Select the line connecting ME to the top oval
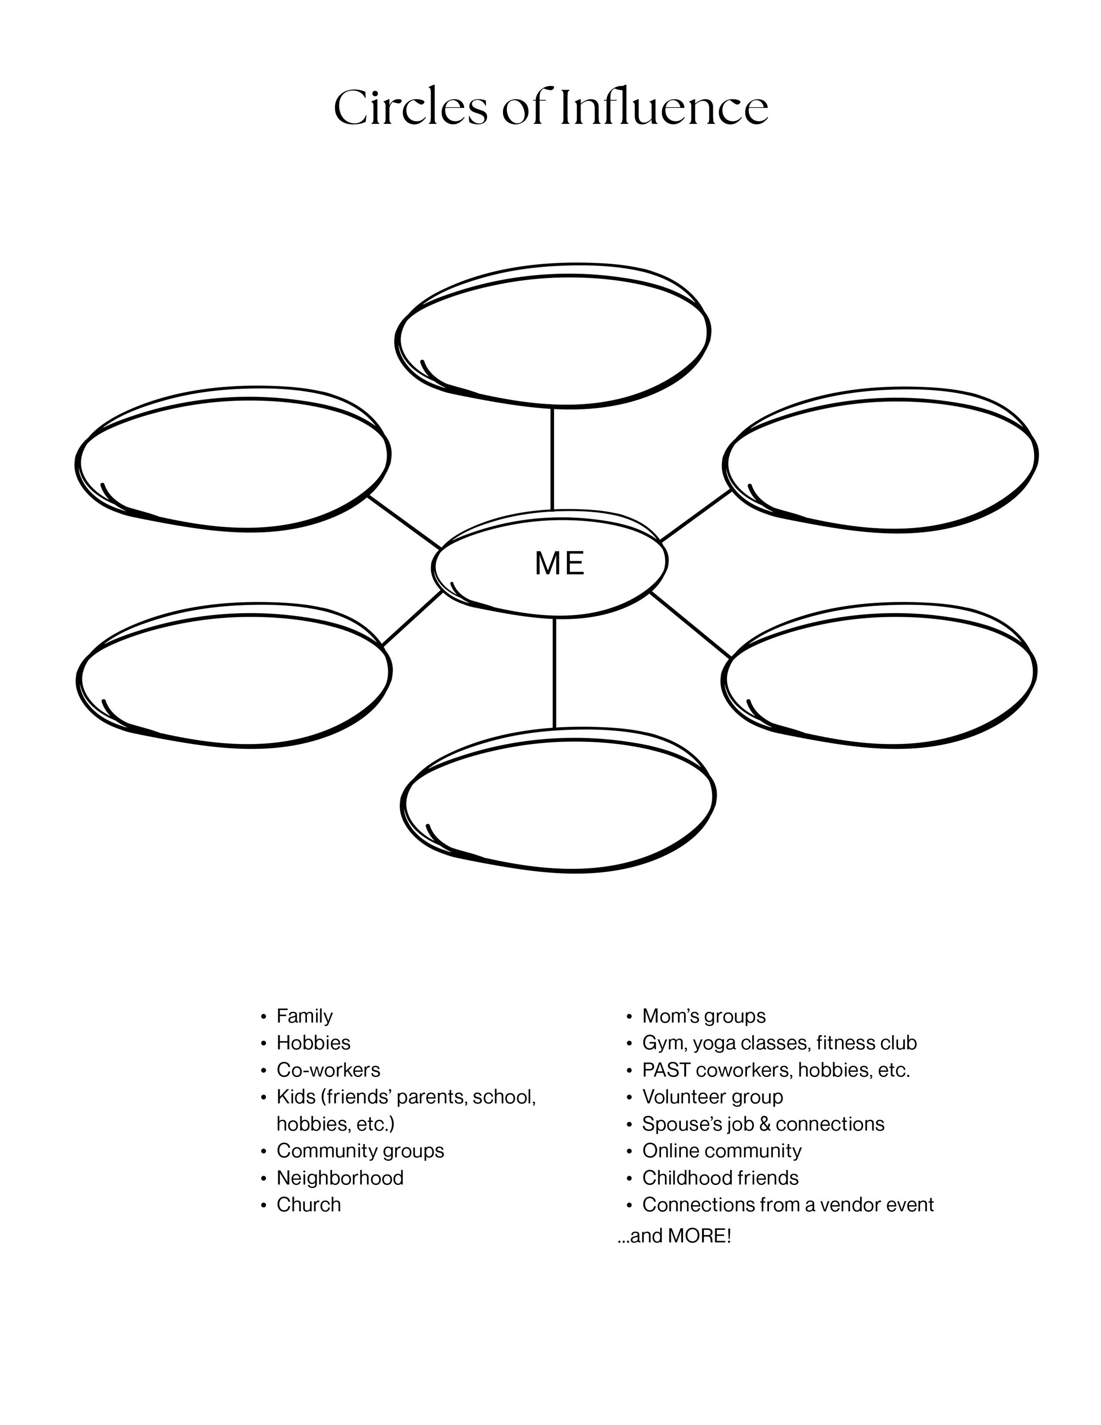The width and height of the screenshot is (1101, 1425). (552, 459)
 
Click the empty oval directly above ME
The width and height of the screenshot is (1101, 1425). (553, 336)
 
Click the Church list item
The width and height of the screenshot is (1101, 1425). (309, 1204)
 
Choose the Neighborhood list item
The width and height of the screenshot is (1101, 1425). (340, 1178)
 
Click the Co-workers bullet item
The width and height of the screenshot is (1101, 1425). (328, 1070)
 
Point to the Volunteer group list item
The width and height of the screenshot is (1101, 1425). (712, 1097)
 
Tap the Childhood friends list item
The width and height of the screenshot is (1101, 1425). (720, 1178)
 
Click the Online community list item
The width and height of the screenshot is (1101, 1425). (721, 1150)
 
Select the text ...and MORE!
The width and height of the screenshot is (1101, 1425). (674, 1236)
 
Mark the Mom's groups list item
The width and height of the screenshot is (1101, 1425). (704, 1016)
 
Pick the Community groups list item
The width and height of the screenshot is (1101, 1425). (360, 1150)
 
